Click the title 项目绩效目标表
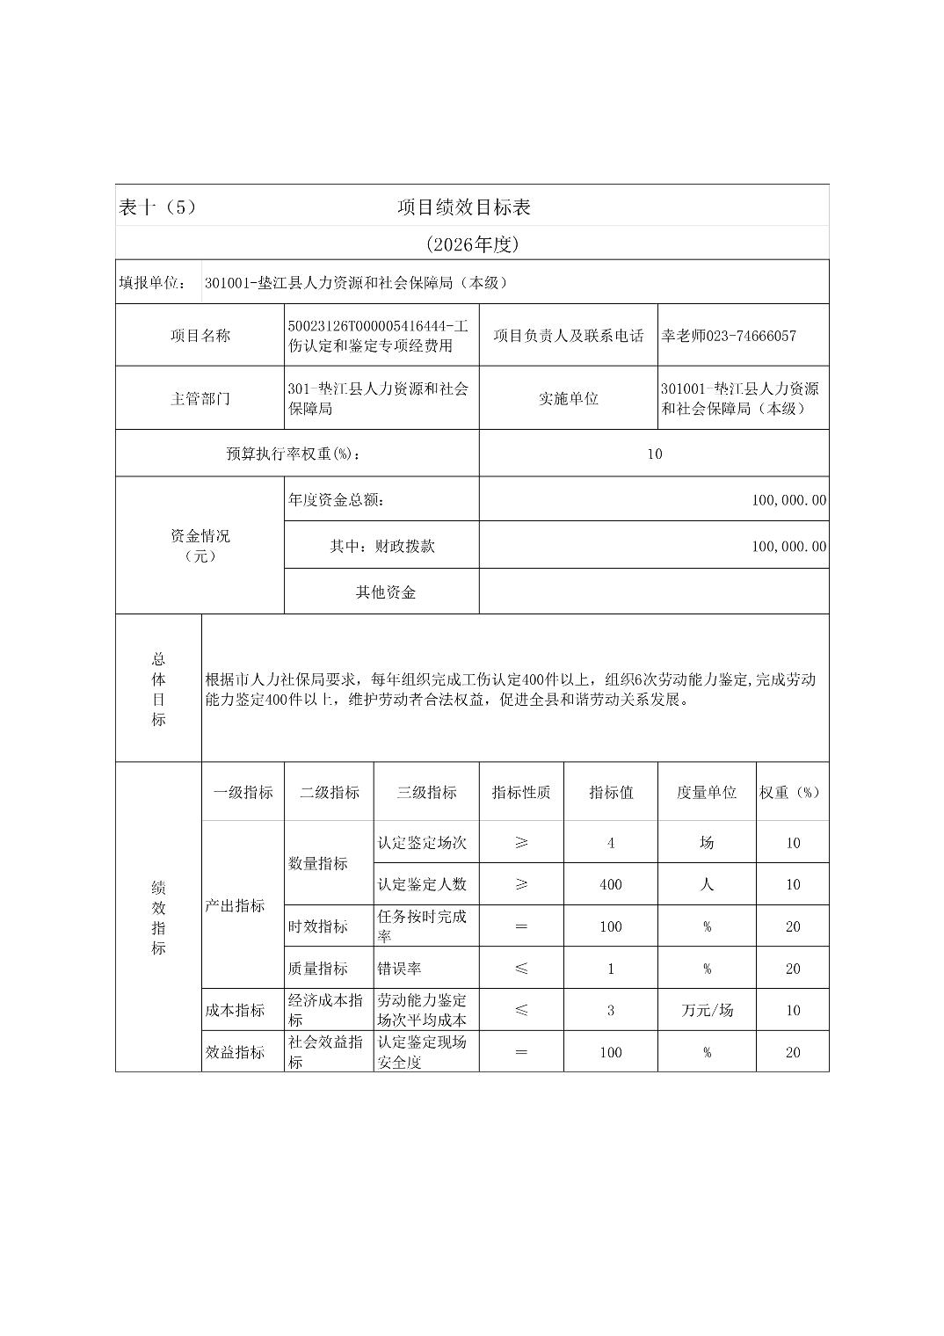click(463, 207)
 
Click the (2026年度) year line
click(472, 244)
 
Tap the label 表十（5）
click(156, 207)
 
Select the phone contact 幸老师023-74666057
click(729, 336)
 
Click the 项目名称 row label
click(200, 336)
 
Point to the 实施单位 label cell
click(568, 398)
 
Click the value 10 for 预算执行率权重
click(654, 454)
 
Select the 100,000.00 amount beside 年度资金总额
click(788, 500)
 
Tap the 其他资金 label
click(385, 592)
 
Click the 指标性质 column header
click(521, 792)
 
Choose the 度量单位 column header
click(706, 792)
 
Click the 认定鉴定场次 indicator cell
click(422, 843)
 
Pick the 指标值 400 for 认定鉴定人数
click(611, 884)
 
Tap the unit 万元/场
click(707, 1010)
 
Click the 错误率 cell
click(400, 969)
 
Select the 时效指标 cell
click(318, 926)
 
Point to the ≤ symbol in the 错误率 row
click(521, 969)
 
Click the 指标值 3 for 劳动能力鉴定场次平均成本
click(611, 1010)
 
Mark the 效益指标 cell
click(235, 1052)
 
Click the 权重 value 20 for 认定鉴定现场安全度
click(793, 1052)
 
